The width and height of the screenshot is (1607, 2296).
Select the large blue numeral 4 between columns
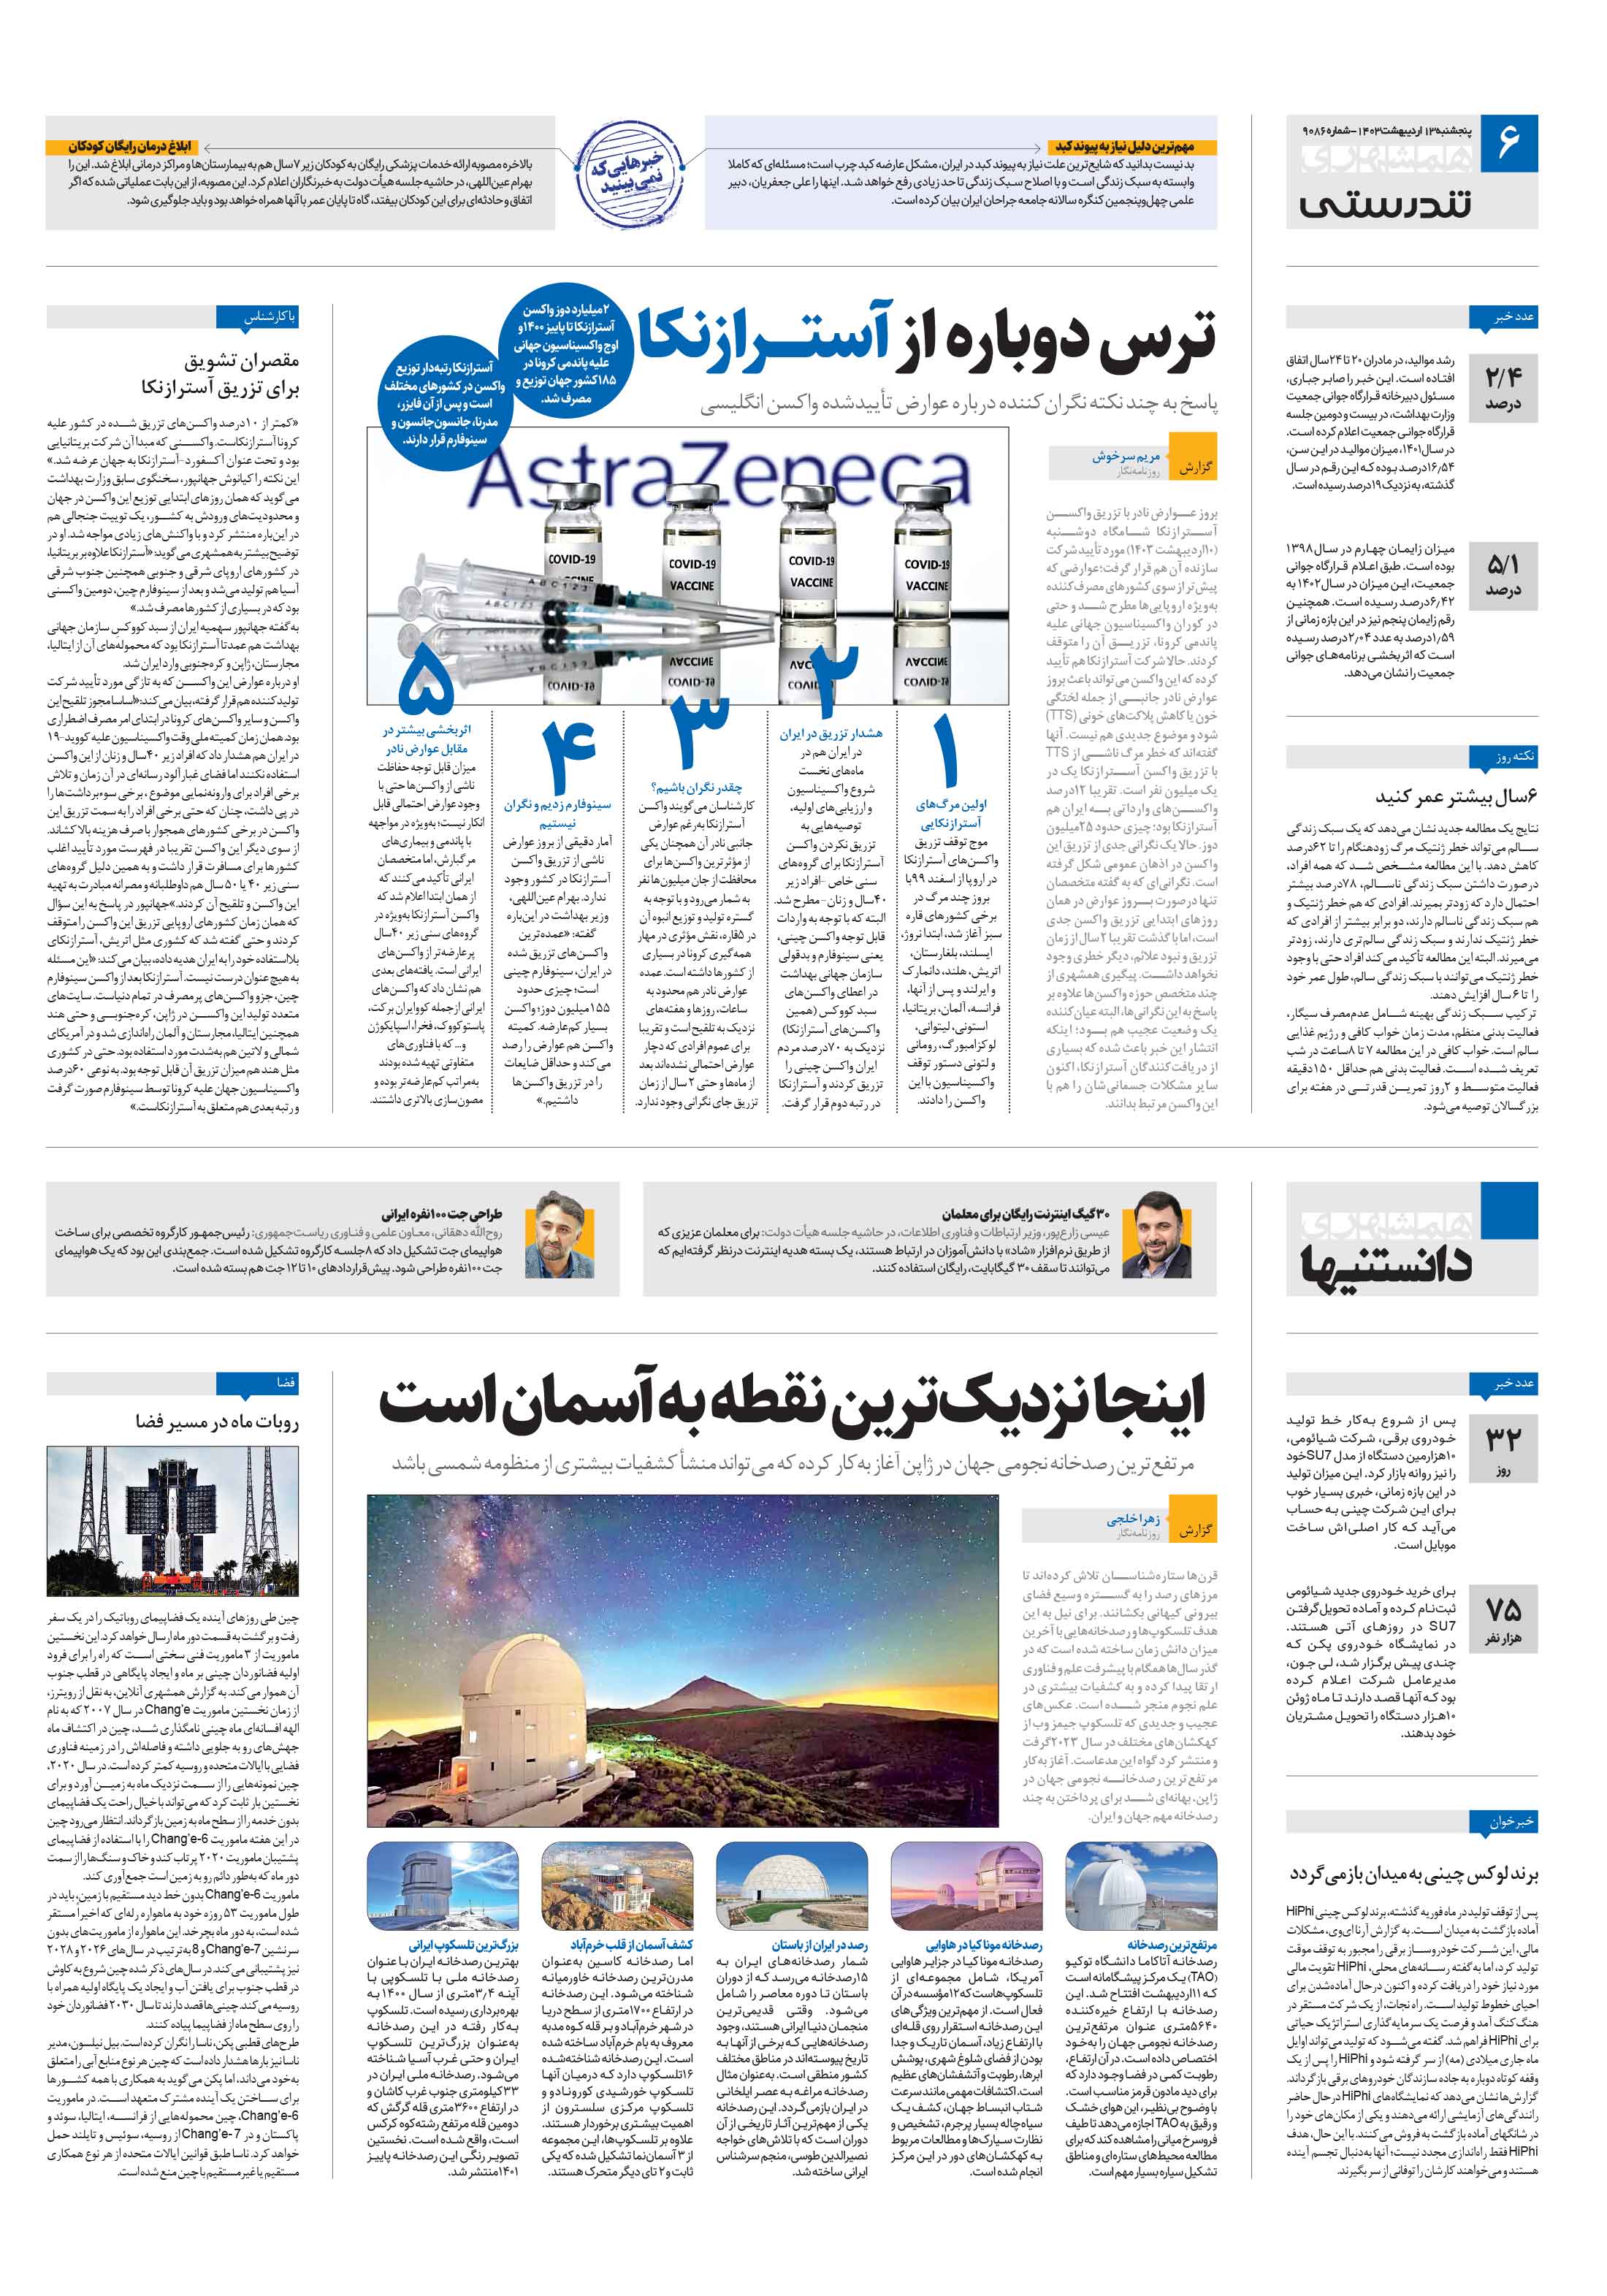[569, 754]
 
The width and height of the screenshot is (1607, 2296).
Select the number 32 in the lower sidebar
[1503, 1440]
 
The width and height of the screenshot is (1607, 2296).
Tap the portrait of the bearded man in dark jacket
[556, 1234]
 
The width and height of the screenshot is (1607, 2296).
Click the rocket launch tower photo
[172, 1521]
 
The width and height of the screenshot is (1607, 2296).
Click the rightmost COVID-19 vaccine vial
[926, 560]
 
